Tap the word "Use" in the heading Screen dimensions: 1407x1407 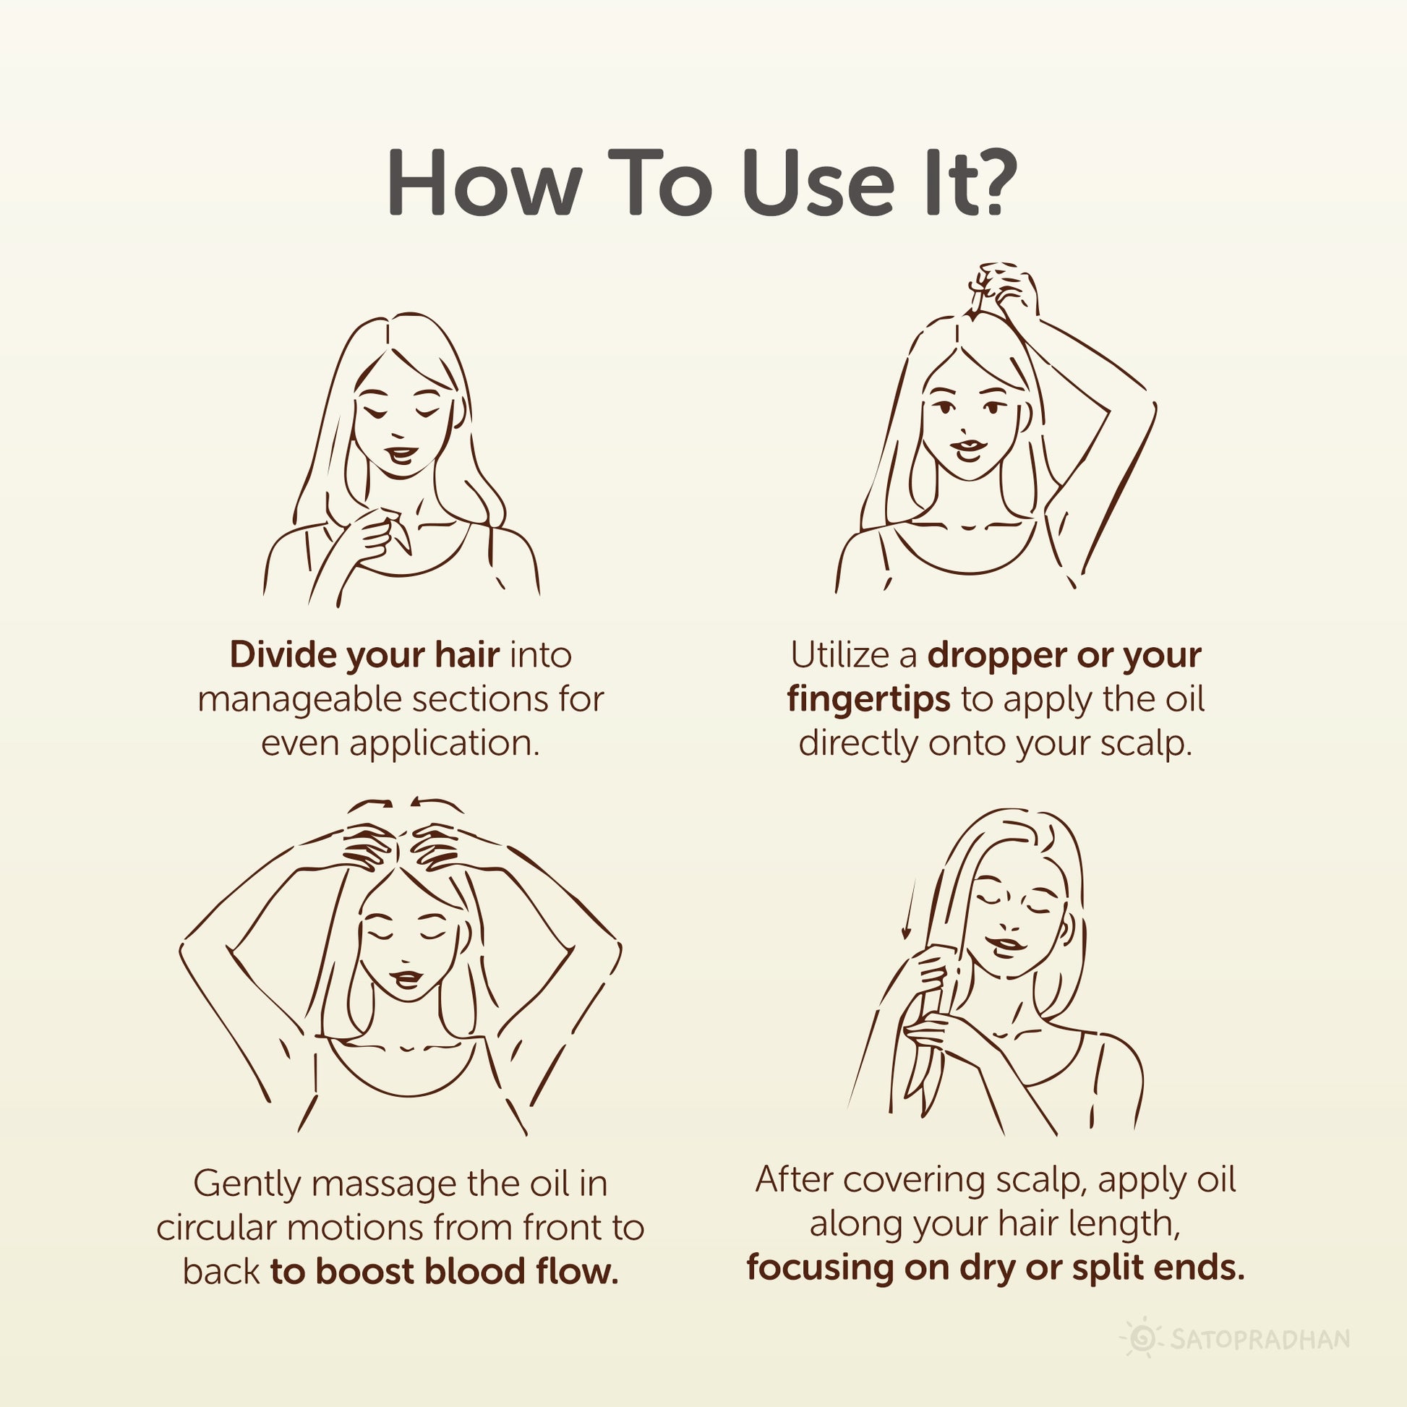click(816, 182)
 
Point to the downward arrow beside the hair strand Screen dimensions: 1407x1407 click(907, 910)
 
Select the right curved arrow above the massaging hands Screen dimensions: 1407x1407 click(436, 804)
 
